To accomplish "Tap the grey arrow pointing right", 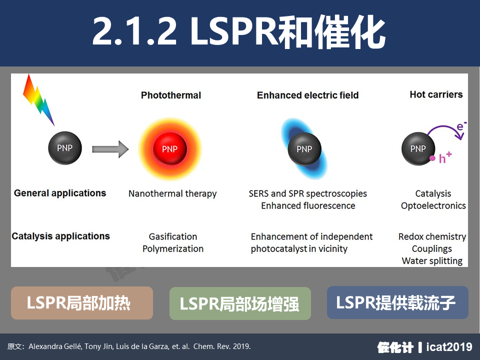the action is (x=110, y=149).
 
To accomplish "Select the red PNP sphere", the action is (x=170, y=149).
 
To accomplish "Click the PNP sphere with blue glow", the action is (x=304, y=149).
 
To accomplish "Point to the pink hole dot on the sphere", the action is (x=432, y=158).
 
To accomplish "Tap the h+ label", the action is (x=445, y=157).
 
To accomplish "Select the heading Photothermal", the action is (x=171, y=95).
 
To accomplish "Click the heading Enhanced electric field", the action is (x=307, y=95).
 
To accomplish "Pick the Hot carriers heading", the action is (x=436, y=94).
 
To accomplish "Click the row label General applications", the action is (x=60, y=193).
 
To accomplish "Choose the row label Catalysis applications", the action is (x=60, y=236).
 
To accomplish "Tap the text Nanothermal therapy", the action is (x=172, y=193).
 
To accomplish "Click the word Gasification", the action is (x=173, y=236).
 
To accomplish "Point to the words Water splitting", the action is (x=432, y=261).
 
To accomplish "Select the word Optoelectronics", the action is (x=433, y=205).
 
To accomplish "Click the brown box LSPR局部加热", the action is (x=81, y=303).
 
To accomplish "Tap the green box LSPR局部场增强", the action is (x=240, y=303).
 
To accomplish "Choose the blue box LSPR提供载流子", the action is (x=397, y=302).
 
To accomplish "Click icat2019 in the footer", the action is (x=449, y=347).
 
